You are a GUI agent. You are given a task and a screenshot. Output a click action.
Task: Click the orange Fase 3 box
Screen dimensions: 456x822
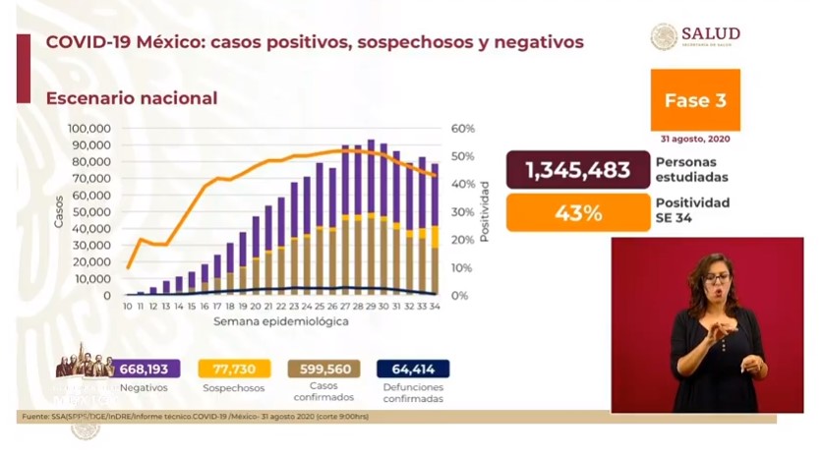click(695, 100)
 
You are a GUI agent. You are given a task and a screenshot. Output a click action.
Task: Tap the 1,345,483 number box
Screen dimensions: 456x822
click(577, 170)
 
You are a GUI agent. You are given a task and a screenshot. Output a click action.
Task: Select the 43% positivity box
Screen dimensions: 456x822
click(577, 212)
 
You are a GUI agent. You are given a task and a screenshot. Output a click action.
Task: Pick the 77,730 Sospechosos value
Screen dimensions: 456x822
click(235, 369)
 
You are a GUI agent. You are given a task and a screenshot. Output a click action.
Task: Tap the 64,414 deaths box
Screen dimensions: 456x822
click(412, 369)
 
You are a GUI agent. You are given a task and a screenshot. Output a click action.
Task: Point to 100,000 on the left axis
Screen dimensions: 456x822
click(88, 129)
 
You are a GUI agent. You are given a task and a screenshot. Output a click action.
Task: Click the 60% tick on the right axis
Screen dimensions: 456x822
click(463, 129)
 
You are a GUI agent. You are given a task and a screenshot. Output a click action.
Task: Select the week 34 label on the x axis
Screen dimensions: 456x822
click(434, 307)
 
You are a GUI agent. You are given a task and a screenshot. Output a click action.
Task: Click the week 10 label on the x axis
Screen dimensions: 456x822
click(128, 307)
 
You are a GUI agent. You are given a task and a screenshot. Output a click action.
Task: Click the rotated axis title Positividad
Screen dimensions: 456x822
click(485, 211)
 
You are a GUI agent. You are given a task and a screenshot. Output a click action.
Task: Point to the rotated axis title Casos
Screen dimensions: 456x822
click(59, 211)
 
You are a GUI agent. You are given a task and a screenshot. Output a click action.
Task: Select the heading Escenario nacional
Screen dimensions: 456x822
click(131, 98)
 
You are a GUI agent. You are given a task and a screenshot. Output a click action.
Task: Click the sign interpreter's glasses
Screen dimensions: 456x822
click(715, 279)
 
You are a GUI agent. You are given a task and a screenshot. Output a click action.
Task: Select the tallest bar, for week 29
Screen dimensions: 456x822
click(371, 217)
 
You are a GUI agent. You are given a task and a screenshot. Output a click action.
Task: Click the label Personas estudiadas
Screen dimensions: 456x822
click(693, 170)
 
